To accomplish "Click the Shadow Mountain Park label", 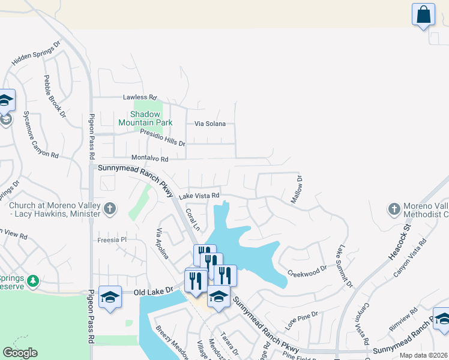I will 145,118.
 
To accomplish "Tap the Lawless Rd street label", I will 139,97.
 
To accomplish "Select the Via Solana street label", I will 210,124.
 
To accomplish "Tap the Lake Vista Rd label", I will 199,195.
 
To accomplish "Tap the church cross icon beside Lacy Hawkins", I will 109,209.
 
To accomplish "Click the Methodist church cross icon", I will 394,209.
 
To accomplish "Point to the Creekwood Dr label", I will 306,271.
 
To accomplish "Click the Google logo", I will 20,353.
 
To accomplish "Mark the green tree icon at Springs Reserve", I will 33,280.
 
